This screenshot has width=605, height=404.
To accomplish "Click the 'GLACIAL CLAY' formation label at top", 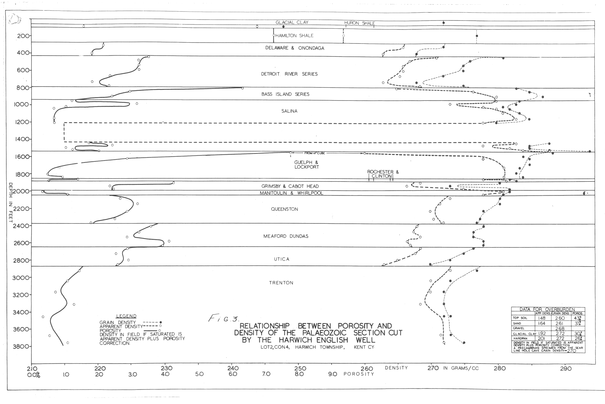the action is (x=292, y=22).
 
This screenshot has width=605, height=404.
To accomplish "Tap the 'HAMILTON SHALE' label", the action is (x=294, y=36).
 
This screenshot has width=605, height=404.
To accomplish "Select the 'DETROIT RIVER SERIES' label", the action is (x=289, y=74).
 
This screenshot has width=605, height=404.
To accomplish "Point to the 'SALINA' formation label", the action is (x=289, y=111).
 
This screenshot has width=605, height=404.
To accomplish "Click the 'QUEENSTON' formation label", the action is (x=284, y=209).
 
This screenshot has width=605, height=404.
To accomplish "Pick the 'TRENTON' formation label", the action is (x=281, y=283).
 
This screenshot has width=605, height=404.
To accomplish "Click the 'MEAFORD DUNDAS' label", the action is (x=285, y=236).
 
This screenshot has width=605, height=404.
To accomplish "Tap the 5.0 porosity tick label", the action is (x=199, y=374).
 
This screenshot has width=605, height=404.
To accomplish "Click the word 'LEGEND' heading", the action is (x=126, y=316).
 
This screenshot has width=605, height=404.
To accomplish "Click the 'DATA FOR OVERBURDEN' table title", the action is (x=547, y=309).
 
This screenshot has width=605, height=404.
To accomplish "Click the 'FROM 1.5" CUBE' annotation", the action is (x=314, y=153).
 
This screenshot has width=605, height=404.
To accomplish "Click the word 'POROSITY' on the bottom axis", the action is (x=358, y=374).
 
